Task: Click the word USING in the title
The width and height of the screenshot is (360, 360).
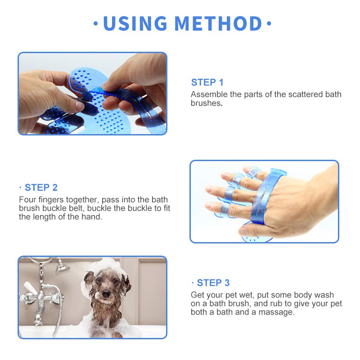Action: pos(135,23)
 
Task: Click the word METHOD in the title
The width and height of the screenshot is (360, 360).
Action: pos(218,23)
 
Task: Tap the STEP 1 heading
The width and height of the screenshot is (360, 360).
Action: pos(207,82)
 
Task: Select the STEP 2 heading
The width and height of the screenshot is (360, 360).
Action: pos(41,188)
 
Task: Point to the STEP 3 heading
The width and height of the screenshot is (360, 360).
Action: pos(213,283)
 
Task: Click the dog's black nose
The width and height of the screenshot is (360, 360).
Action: pos(106,294)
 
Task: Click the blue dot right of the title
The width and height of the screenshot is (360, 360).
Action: pos(269,23)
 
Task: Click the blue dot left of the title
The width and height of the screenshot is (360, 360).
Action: pos(96,23)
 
